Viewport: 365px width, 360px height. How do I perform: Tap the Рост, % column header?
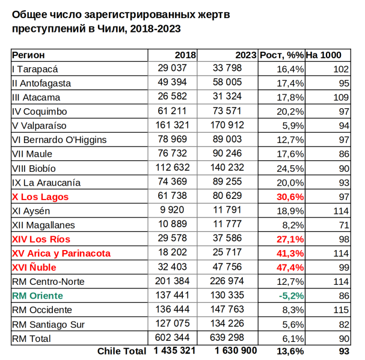[x=281, y=55]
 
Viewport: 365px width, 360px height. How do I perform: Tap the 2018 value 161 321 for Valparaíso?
[x=173, y=126]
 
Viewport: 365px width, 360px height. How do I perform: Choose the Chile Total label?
[x=121, y=350]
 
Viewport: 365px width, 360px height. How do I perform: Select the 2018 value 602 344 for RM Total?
[x=173, y=338]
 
